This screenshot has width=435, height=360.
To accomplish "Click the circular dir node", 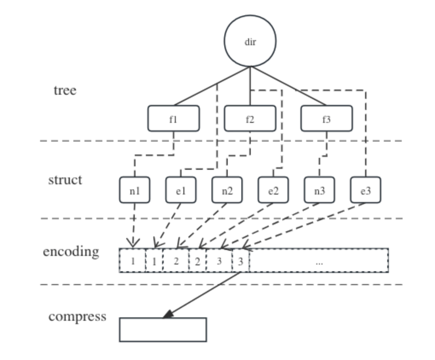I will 250,41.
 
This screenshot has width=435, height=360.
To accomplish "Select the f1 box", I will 174,118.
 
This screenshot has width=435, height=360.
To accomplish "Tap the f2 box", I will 250,118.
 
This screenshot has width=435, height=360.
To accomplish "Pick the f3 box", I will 327,118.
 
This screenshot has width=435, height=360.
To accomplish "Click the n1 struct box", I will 134,190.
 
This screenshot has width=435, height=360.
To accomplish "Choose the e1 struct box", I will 181,190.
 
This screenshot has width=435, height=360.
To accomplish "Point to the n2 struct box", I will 227,190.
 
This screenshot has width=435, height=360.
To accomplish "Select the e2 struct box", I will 273,190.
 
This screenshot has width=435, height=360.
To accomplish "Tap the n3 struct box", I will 319,190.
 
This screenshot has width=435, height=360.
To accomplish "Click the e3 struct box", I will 365,190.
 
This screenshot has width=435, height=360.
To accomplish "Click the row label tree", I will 65,90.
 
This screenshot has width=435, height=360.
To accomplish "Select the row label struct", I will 65,180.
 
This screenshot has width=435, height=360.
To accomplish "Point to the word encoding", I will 71,252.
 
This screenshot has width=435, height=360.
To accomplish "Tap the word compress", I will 77,316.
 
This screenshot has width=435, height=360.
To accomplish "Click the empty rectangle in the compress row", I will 163,330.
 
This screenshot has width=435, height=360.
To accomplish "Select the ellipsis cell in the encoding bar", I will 319,261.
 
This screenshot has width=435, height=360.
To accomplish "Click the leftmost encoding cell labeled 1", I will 133,261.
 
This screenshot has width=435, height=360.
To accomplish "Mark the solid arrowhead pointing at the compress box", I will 168,314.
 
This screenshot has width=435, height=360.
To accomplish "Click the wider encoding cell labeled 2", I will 176,261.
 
